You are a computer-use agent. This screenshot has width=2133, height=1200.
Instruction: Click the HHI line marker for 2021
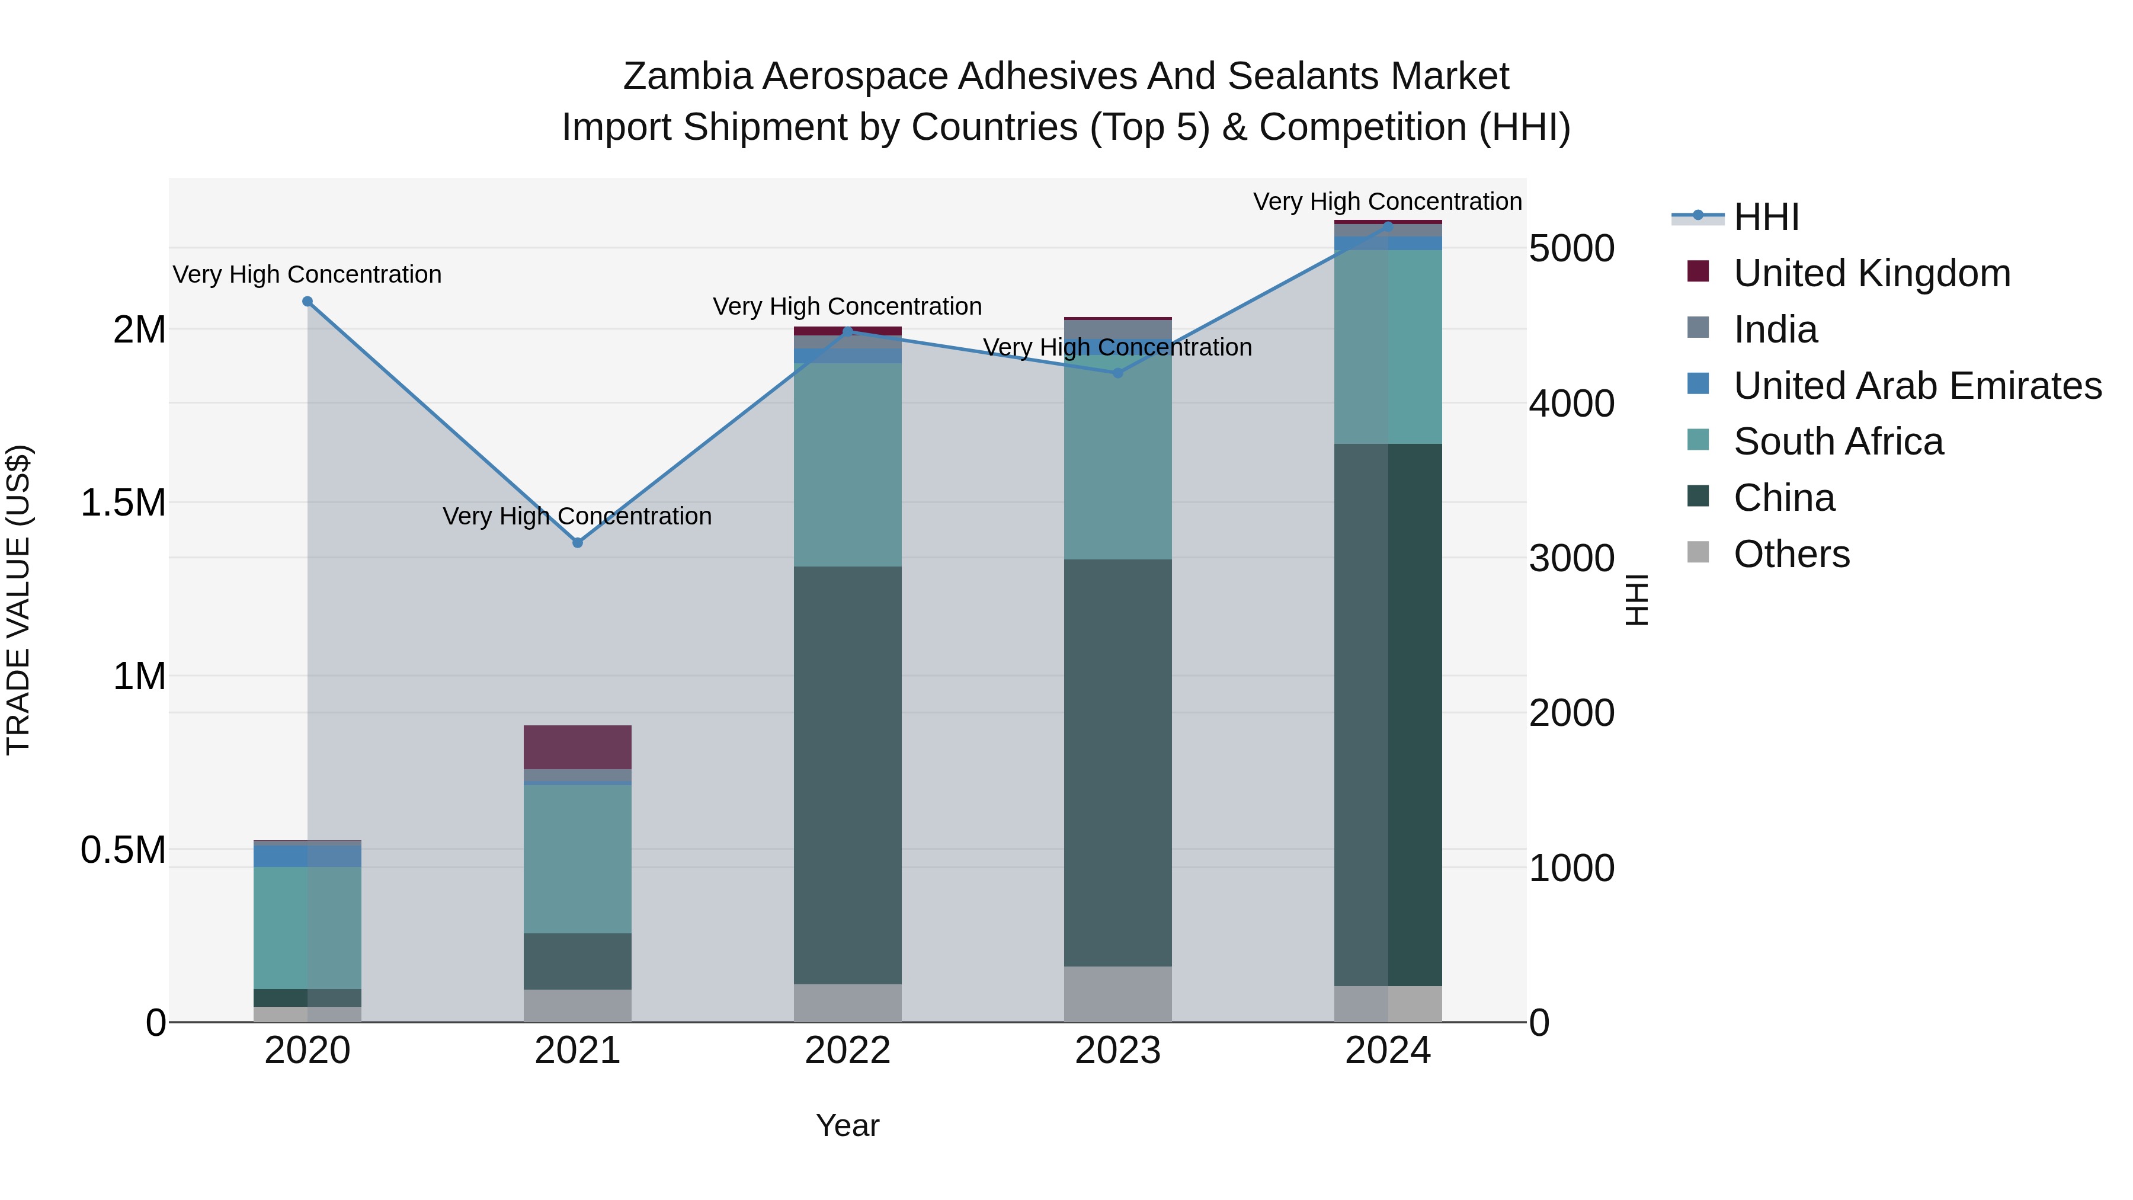[577, 542]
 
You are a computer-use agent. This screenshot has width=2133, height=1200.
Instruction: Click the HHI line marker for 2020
[307, 302]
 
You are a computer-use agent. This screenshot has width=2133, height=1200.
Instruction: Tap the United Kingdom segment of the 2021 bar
[577, 747]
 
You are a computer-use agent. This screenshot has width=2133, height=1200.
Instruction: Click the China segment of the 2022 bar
[847, 775]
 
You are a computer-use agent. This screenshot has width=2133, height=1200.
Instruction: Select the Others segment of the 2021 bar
[577, 1006]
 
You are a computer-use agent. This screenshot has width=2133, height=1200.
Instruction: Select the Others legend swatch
[1698, 552]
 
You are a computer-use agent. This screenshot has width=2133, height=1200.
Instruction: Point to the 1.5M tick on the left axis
[123, 503]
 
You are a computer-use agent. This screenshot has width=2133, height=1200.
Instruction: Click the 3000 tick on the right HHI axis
[1571, 558]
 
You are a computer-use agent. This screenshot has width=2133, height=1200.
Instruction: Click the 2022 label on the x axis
[847, 1051]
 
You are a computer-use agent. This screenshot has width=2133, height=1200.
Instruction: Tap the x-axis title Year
[847, 1125]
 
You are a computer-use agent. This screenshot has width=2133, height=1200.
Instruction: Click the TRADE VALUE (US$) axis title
[18, 600]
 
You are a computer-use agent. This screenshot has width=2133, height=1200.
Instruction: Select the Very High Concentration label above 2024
[1387, 201]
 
